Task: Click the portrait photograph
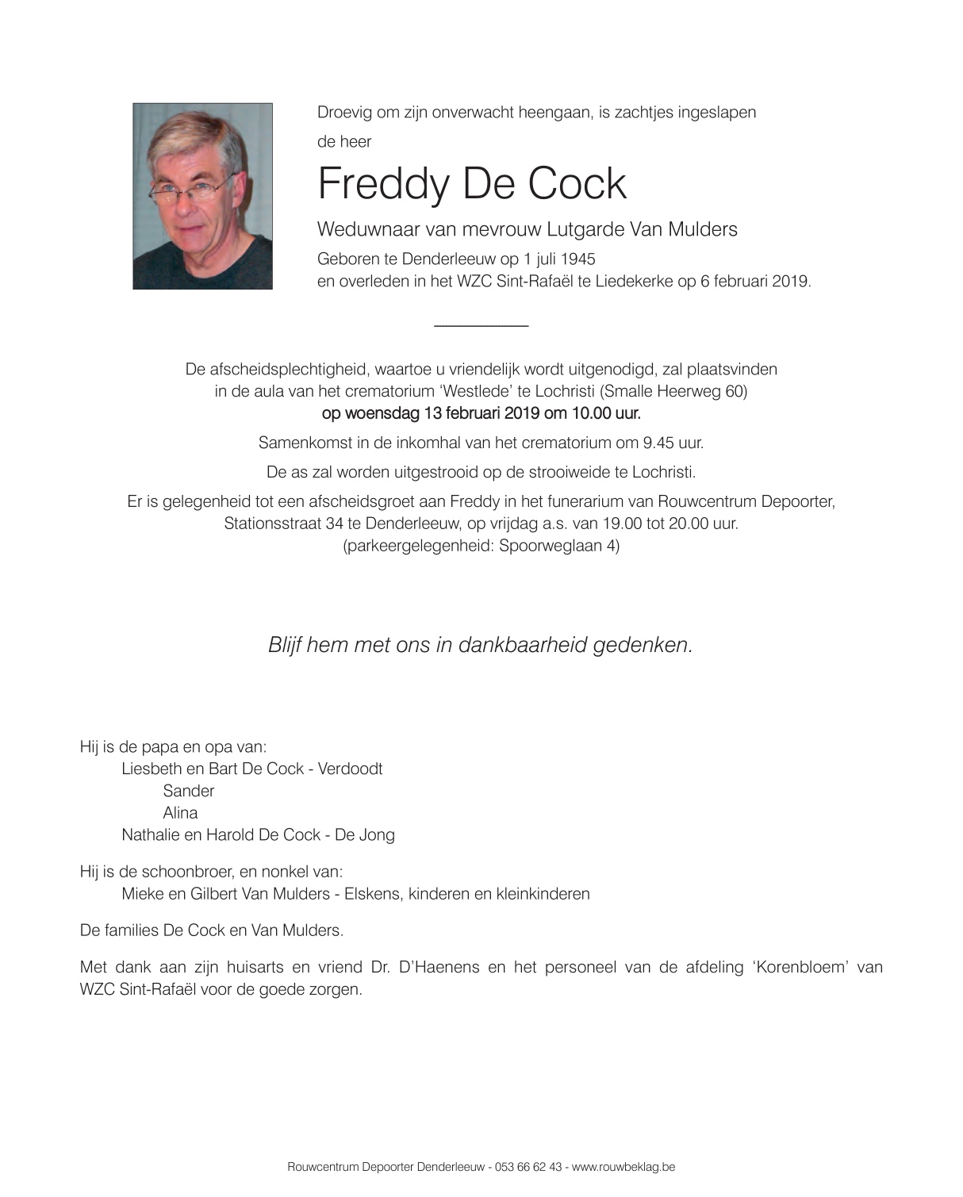click(202, 196)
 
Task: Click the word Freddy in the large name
click(382, 184)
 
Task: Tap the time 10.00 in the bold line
click(587, 413)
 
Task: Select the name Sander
click(189, 791)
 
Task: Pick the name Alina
click(180, 812)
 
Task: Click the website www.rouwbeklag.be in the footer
click(623, 1167)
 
